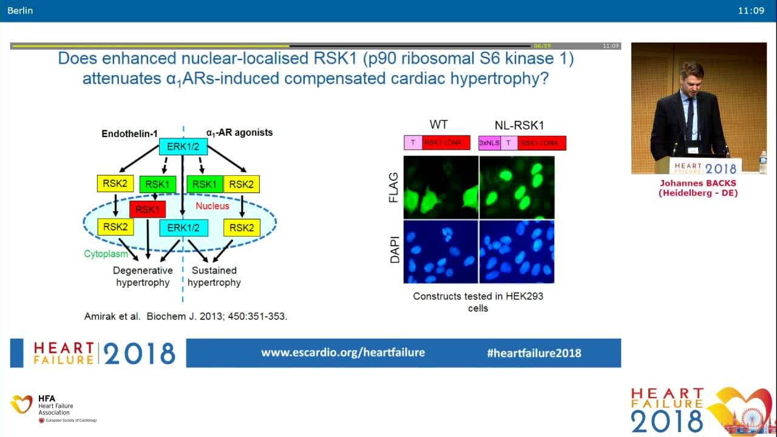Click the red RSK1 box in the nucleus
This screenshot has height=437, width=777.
point(148,210)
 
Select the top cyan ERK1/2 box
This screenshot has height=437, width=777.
point(183,146)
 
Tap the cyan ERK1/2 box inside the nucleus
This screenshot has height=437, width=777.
point(183,228)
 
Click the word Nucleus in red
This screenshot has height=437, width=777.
point(212,206)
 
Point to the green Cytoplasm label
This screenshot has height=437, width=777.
point(106,254)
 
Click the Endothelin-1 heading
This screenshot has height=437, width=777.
point(129,132)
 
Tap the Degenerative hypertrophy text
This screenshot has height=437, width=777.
point(143,276)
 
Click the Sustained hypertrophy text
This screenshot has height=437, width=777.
point(214,276)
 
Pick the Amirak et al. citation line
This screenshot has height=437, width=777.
point(185,316)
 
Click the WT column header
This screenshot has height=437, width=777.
point(438,124)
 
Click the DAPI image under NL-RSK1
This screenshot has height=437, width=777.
point(517,251)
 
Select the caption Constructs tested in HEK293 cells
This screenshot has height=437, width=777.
point(478,302)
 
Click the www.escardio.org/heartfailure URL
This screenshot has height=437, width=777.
point(343,353)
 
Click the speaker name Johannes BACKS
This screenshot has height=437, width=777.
point(697,183)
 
